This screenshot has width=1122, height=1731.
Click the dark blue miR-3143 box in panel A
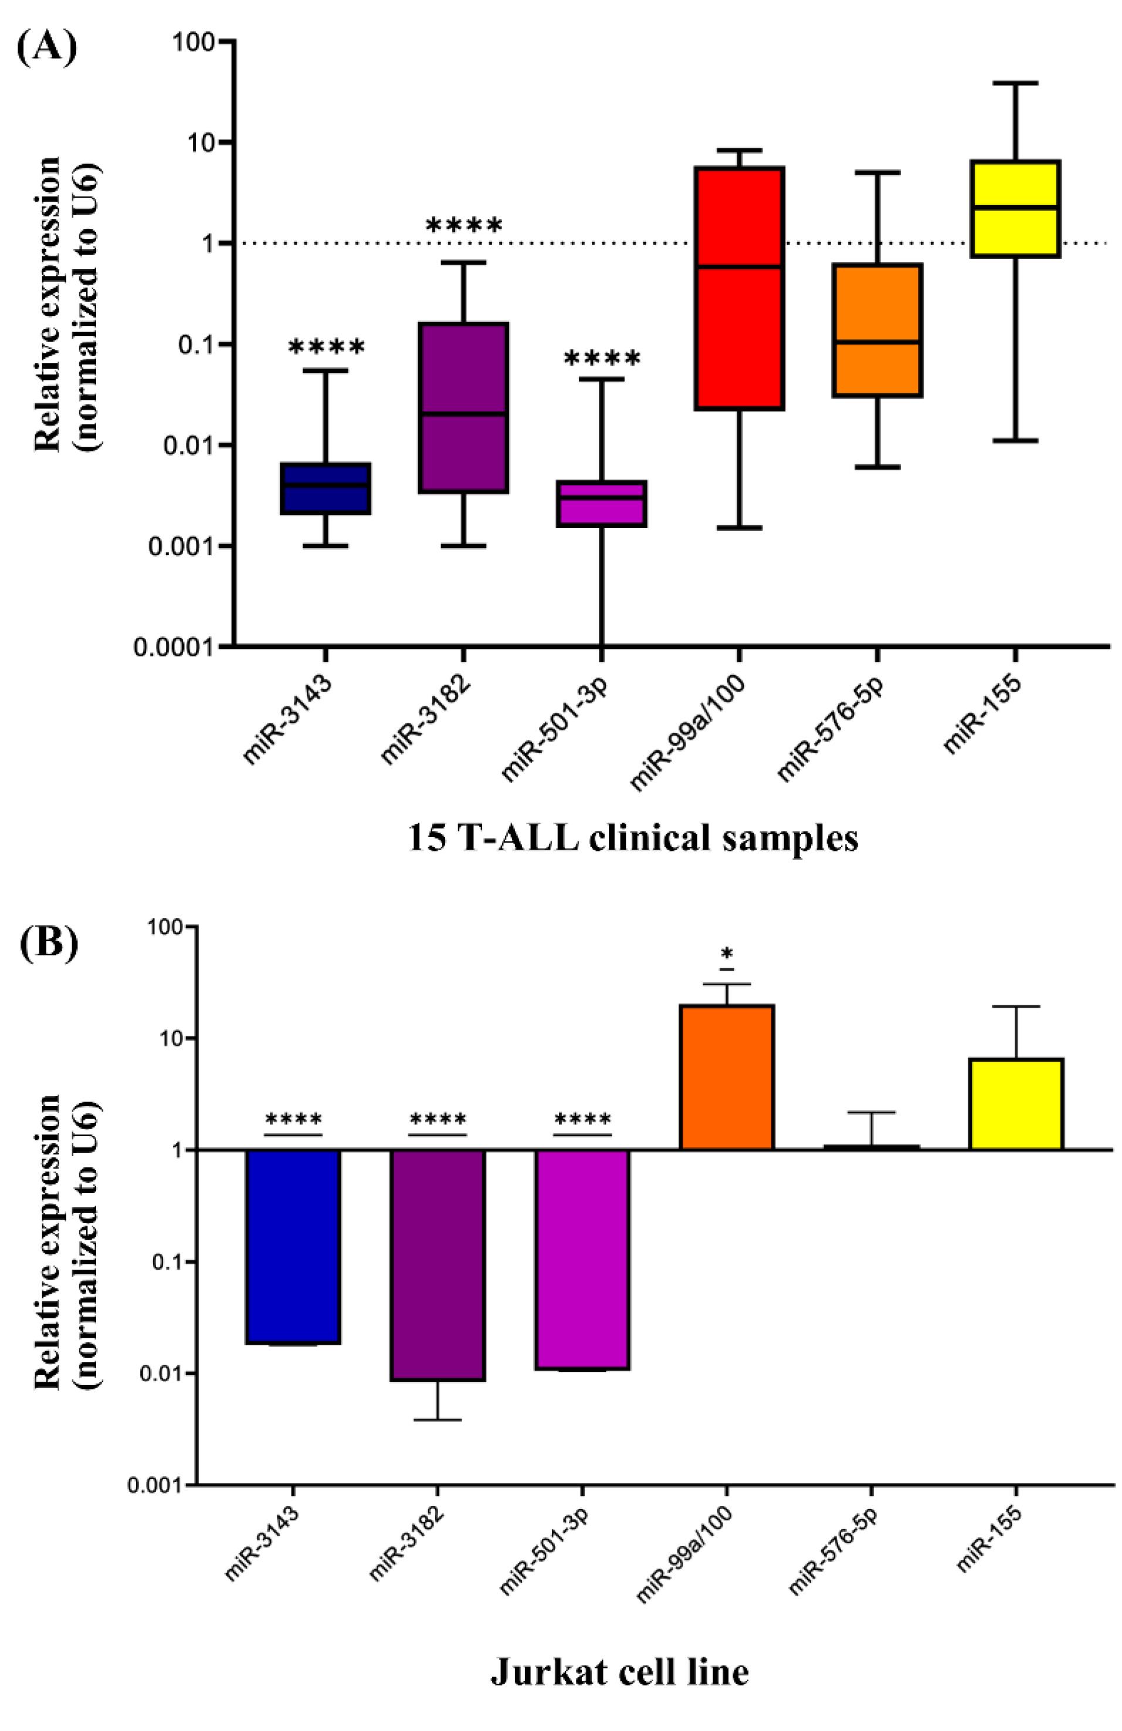[x=326, y=489]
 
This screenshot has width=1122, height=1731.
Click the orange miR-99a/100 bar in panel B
[x=726, y=1076]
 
